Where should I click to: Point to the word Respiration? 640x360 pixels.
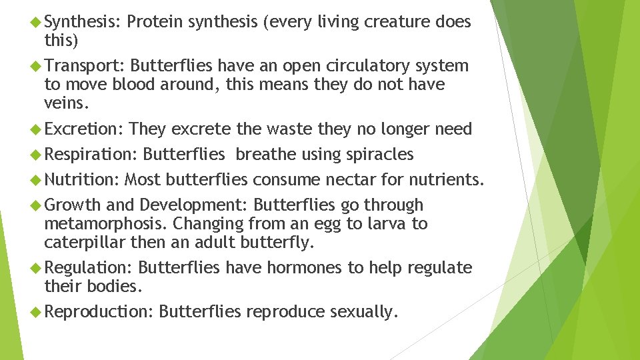click(90, 155)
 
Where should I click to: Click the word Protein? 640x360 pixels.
click(155, 23)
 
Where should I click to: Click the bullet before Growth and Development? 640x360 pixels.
click(37, 205)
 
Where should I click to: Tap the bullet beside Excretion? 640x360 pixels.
click(37, 129)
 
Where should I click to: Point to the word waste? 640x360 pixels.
click(290, 129)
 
